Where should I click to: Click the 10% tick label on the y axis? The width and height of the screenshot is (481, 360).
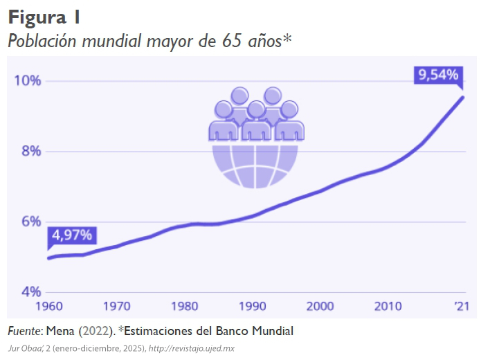coord(28,81)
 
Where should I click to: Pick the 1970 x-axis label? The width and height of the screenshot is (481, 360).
coord(117,305)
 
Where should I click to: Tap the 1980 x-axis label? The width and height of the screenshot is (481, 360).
coord(185,305)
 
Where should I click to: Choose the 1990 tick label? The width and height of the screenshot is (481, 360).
coord(254,305)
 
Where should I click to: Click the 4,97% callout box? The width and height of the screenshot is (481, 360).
coord(72,235)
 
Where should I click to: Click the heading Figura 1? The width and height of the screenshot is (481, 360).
coord(44,17)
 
